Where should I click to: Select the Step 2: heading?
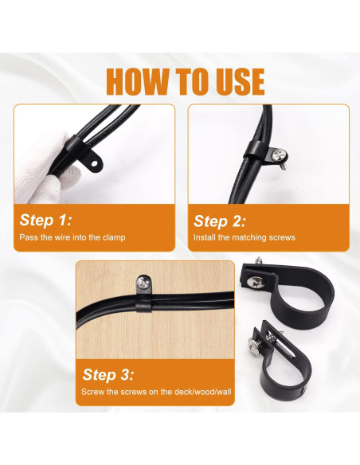click(220, 221)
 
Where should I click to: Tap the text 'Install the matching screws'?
click(245, 237)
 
